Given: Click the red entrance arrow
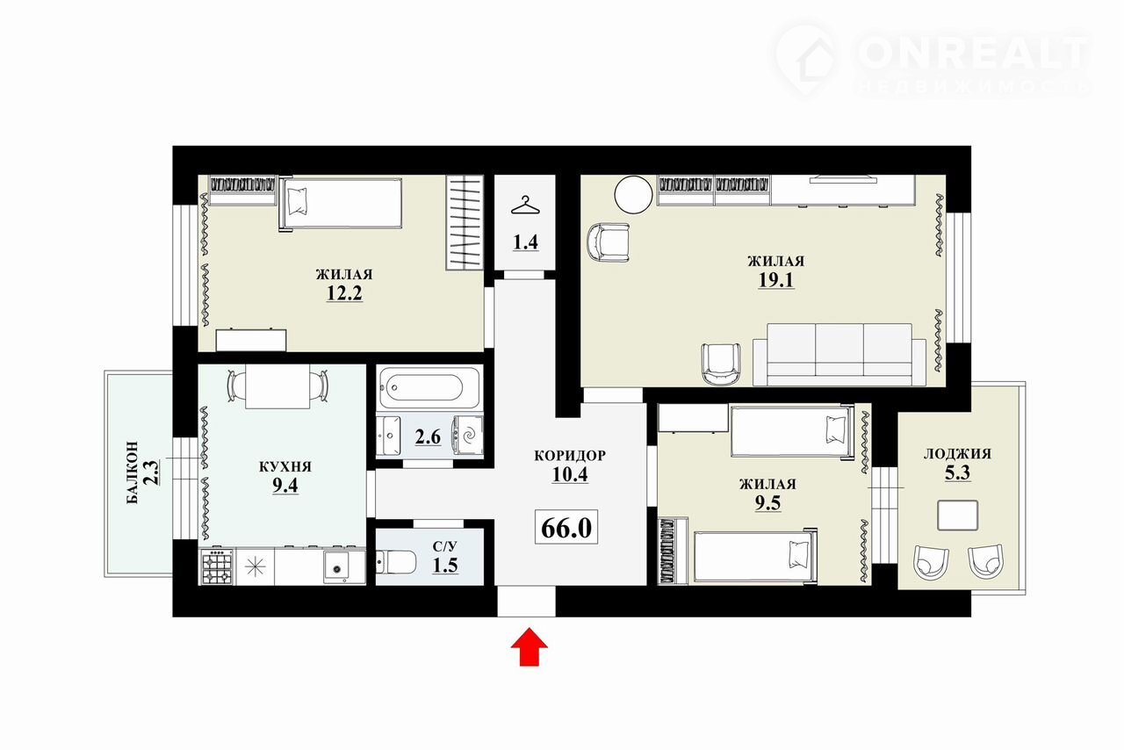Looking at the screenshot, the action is click(529, 646).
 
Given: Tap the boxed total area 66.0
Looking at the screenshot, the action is click(566, 527).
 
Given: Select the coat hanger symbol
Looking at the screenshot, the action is click(525, 206).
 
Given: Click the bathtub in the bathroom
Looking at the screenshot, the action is click(429, 387).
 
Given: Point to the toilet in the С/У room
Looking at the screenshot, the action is click(396, 562).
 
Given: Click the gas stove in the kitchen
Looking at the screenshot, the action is click(217, 566).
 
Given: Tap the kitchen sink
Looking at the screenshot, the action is click(337, 566).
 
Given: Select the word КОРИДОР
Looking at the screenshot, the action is click(570, 455).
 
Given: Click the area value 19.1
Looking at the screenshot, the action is click(775, 280).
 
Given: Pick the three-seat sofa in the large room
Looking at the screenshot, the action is click(839, 355).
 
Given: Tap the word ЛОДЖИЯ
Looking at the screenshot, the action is click(957, 454).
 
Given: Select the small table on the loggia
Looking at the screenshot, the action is click(957, 515).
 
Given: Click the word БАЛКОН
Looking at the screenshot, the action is click(132, 472).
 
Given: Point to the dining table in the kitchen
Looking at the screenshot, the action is click(277, 386).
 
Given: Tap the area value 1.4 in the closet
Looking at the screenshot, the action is click(525, 242).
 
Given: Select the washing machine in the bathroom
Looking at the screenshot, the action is click(468, 436).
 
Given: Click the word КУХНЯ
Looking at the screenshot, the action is click(285, 467).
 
